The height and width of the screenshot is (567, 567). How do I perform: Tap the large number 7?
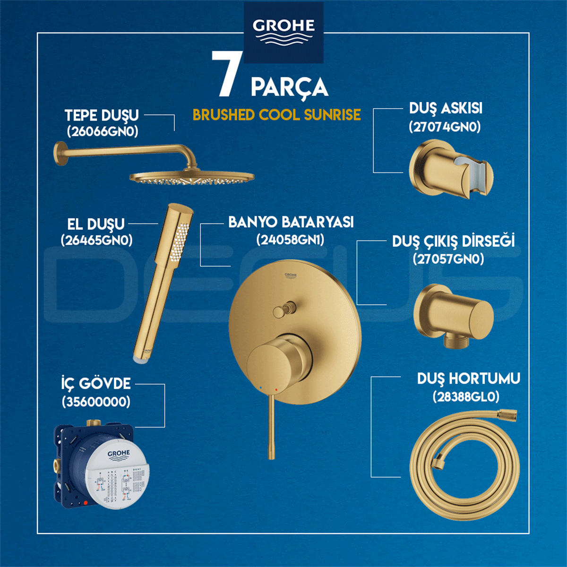[x=227, y=74]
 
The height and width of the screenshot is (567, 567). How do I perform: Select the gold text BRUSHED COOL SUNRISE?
[x=277, y=115]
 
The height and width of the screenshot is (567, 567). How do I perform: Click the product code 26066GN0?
[x=103, y=131]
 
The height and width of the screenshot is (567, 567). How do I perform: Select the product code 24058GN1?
[x=291, y=240]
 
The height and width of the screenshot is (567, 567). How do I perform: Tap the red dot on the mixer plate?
[x=276, y=389]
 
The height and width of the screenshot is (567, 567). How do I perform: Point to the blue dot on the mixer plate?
[x=259, y=387]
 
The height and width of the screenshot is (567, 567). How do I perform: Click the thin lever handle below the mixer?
[x=271, y=425]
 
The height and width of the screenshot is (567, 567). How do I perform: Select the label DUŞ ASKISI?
[x=446, y=108]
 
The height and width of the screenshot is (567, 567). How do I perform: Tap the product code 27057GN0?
[x=448, y=259]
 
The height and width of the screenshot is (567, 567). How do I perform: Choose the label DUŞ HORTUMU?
[x=468, y=378]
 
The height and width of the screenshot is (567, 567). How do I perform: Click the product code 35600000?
[x=96, y=402]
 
